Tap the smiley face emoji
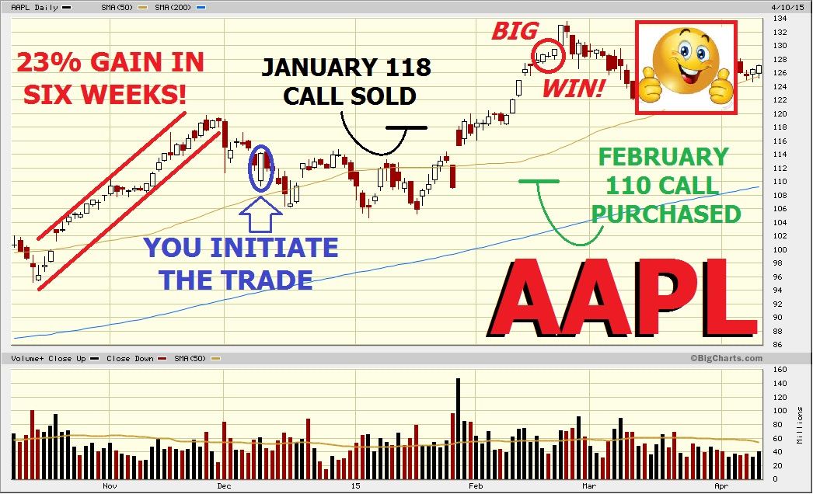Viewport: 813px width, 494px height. tap(687, 68)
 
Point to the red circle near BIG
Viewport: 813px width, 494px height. tap(548, 53)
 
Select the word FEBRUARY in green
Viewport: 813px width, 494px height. tap(664, 157)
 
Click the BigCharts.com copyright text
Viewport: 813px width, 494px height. tap(725, 358)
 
